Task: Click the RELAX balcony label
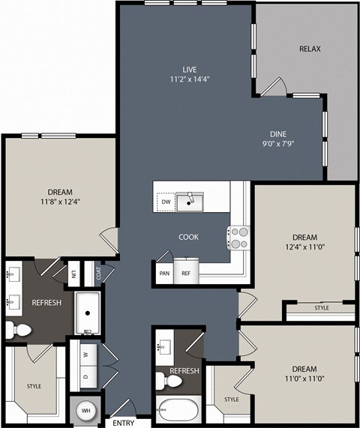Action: pos(310,49)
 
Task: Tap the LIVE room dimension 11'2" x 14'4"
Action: pos(190,79)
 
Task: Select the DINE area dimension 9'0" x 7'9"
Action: pos(278,144)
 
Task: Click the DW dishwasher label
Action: pos(166,202)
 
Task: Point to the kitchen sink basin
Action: pos(190,202)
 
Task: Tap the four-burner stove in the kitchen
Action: pos(239,238)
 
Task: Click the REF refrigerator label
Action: pos(186,274)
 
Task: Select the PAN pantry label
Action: pos(164,274)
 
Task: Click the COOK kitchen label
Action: pos(188,237)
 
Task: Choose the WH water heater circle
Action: pos(85,411)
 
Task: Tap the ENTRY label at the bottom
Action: pos(124,423)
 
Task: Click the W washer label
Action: pos(85,355)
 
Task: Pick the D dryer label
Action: pos(85,377)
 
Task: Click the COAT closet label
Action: pos(99,274)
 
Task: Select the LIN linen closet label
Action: pos(73,274)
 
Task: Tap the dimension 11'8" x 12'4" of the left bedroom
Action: pos(60,202)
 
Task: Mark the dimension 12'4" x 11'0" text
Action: pos(304,247)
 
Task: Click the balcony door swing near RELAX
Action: pos(274,86)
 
